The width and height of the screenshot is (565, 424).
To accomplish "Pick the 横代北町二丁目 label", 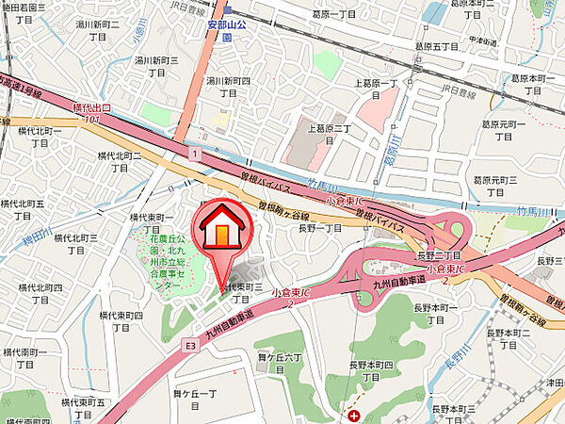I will click(x=120, y=161).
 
